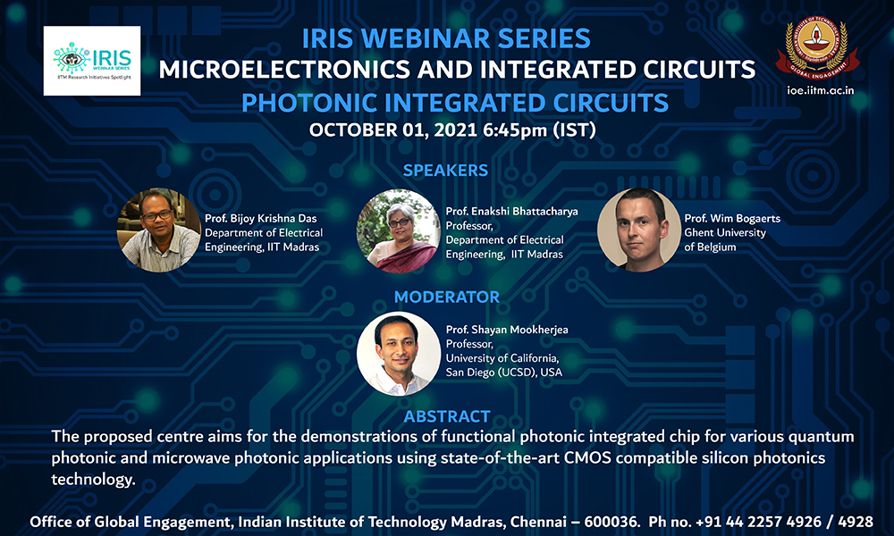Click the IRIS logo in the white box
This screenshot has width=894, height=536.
92,61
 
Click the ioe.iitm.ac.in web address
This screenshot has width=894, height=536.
821,90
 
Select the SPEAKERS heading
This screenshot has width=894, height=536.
445,171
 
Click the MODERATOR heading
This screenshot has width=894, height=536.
446,297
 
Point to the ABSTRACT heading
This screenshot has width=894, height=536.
446,416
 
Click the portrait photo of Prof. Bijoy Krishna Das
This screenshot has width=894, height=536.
159,230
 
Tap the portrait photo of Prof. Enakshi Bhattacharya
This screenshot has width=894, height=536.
399,230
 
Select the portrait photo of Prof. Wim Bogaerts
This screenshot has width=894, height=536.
639,230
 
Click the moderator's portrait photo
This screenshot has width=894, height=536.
399,353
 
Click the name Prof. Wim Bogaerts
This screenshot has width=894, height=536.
732,218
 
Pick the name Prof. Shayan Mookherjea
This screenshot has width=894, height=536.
507,330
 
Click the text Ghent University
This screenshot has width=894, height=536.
725,232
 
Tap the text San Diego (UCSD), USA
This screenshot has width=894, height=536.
504,373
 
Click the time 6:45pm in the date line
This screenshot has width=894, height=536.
515,130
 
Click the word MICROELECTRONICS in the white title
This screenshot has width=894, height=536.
284,70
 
